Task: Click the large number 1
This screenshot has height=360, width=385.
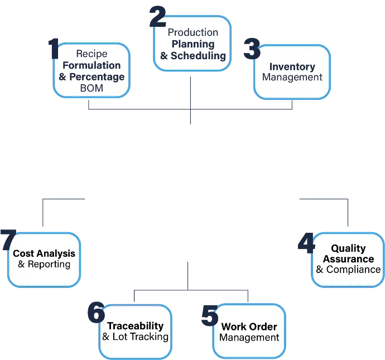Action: pos(54,49)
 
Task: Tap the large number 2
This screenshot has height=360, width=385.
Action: pos(158,17)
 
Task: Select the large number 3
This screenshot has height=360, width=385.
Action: pos(252,49)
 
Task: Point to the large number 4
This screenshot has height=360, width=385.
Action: pos(306,243)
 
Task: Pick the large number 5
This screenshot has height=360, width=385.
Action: pos(210,315)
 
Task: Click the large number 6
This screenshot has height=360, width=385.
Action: pos(96,313)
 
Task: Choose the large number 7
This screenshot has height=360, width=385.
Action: pos(8,240)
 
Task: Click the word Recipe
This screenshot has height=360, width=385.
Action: pos(92,54)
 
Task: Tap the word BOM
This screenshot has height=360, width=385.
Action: pos(92,88)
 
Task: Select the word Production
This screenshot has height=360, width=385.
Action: pos(192,32)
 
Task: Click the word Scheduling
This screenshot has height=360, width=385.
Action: pos(199,56)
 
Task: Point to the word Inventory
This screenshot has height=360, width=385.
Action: pos(292,67)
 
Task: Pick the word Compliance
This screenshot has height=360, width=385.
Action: pos(354,270)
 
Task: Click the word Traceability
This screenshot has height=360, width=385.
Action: pos(135,326)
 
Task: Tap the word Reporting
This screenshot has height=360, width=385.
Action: pos(49,264)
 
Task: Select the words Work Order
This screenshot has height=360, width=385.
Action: pos(249,327)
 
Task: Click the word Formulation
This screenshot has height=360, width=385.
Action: pos(92,65)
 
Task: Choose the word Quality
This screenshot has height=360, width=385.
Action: pos(348,248)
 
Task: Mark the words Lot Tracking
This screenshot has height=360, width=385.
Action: pos(141,337)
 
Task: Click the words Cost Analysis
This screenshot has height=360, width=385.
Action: pos(44,253)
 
